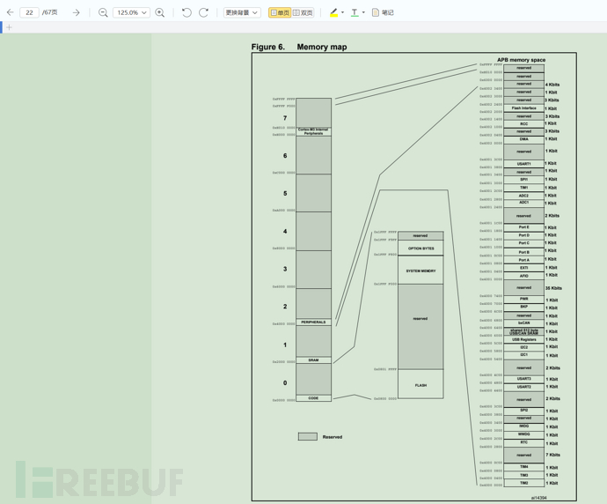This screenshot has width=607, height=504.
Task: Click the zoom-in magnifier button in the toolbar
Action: [160, 12]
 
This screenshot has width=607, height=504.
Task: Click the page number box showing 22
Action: [29, 12]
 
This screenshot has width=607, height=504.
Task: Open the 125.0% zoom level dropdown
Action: [131, 12]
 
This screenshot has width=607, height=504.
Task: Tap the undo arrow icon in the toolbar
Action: [186, 12]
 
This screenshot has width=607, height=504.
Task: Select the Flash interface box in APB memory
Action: [523, 108]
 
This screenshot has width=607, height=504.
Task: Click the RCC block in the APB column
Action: [523, 124]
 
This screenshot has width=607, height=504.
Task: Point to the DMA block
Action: [523, 139]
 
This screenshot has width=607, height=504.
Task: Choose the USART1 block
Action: [523, 164]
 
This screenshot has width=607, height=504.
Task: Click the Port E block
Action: [523, 227]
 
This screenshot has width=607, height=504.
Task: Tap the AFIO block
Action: [523, 276]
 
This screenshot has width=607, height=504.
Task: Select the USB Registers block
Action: [523, 339]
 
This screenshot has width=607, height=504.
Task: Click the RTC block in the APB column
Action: [523, 442]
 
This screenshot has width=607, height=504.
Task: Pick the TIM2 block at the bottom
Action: [523, 483]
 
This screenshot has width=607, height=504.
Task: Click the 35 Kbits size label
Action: [552, 288]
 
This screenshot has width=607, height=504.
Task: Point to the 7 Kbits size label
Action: [552, 456]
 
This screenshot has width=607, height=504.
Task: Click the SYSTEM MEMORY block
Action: [421, 271]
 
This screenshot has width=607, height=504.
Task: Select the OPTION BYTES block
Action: [421, 248]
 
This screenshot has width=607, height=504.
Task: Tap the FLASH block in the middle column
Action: [421, 385]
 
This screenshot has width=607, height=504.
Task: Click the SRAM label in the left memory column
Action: [313, 360]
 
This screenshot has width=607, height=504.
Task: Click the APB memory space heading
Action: [521, 60]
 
